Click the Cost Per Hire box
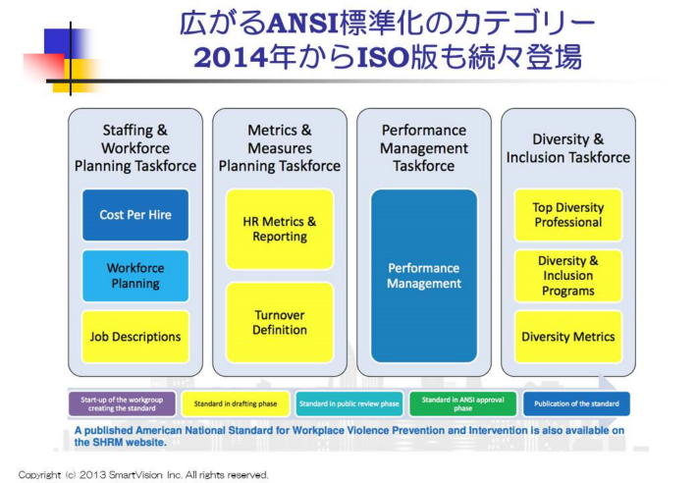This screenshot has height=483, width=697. [x=135, y=215]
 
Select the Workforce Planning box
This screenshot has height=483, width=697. [x=135, y=276]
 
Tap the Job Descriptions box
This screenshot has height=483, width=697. [x=135, y=337]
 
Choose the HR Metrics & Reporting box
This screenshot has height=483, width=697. [x=280, y=229]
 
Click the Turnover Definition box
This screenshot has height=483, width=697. [x=280, y=323]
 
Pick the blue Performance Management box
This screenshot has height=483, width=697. [x=424, y=276]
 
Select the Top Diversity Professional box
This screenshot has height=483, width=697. [x=568, y=215]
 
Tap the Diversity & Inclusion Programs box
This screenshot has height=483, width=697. [x=568, y=276]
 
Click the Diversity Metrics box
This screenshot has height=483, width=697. [x=568, y=337]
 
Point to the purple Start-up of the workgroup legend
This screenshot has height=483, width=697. [x=123, y=403]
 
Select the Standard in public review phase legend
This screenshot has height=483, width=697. [x=349, y=403]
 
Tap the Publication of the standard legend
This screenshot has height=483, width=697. [x=576, y=403]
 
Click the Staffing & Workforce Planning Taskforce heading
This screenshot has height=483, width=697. [x=135, y=147]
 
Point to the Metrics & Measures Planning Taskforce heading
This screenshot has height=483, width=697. [x=280, y=147]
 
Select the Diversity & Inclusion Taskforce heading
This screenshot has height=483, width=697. [x=568, y=148]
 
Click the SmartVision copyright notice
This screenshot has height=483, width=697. [x=143, y=474]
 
